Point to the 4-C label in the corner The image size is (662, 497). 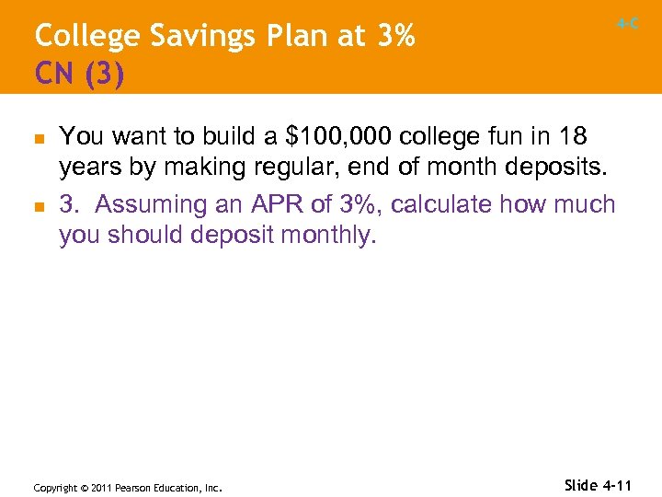pyautogui.click(x=628, y=24)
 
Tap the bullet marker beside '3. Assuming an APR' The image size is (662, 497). pyautogui.click(x=40, y=205)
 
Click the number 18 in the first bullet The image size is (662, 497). pyautogui.click(x=572, y=137)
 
